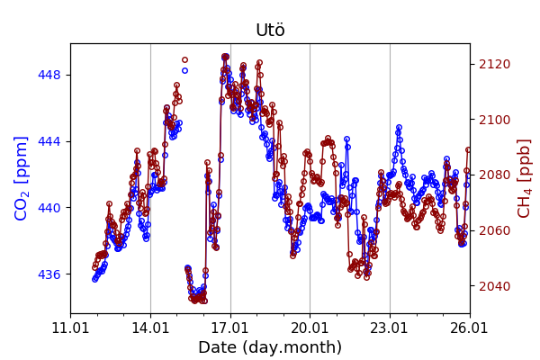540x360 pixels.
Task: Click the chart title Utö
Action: tap(270, 31)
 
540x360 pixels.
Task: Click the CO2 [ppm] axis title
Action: tap(22, 178)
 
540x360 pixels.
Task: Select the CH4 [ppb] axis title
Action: tap(525, 178)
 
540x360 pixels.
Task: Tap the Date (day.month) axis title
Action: tap(270, 347)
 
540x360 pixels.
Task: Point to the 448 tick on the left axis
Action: tap(50, 75)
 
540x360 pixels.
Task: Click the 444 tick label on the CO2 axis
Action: tap(50, 141)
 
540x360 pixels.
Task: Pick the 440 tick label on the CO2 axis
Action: tap(50, 208)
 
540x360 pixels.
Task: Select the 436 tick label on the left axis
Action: tap(50, 274)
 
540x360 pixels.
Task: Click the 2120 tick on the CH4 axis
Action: tap(494, 64)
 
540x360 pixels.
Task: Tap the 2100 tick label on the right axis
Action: tap(494, 120)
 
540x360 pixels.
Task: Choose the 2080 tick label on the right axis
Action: tap(494, 175)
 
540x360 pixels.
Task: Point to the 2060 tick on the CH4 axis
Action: tap(494, 231)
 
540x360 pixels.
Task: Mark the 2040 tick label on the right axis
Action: tap(494, 287)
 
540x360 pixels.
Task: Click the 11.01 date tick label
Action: tap(70, 326)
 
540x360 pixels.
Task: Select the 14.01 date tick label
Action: tap(150, 326)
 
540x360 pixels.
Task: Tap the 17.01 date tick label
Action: tap(230, 326)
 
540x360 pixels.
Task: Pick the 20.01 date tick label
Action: tap(310, 326)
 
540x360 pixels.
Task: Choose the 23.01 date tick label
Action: tap(390, 326)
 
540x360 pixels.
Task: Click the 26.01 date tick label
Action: tap(469, 326)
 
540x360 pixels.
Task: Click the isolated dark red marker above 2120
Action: tap(184, 60)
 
